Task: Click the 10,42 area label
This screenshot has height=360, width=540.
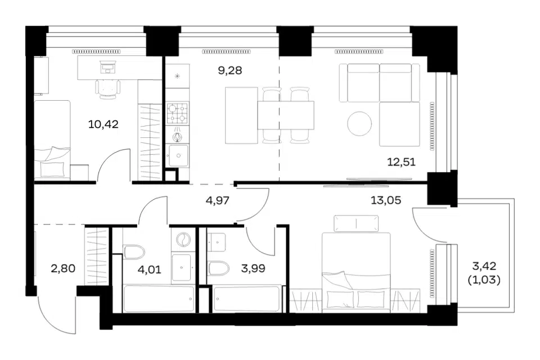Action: pyautogui.click(x=103, y=124)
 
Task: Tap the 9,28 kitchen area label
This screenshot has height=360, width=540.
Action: pyautogui.click(x=230, y=71)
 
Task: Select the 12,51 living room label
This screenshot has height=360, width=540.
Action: pyautogui.click(x=401, y=161)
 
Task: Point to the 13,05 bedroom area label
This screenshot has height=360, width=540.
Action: pyautogui.click(x=386, y=200)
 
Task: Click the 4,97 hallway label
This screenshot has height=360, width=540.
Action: pyautogui.click(x=217, y=200)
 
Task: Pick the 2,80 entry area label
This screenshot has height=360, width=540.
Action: pyautogui.click(x=63, y=268)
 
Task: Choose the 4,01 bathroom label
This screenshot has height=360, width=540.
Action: pyautogui.click(x=150, y=269)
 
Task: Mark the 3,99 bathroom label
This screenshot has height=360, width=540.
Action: pyautogui.click(x=253, y=268)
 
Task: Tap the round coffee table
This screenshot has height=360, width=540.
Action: pyautogui.click(x=359, y=124)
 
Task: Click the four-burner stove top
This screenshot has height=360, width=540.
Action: pyautogui.click(x=177, y=113)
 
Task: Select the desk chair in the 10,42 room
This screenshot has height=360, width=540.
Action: pyautogui.click(x=108, y=89)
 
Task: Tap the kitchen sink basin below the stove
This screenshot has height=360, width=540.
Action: pyautogui.click(x=178, y=156)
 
